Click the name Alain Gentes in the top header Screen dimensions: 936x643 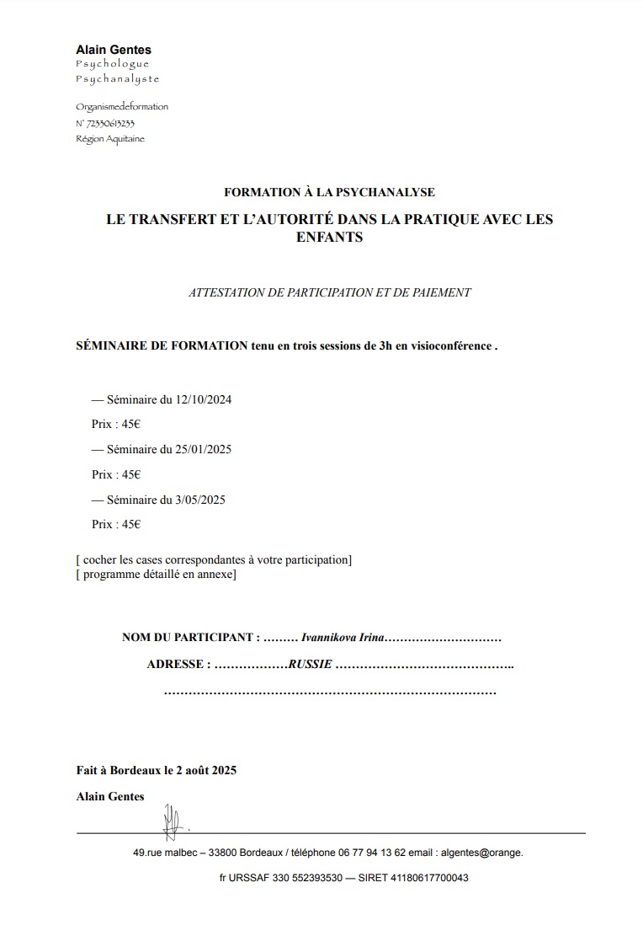[x=114, y=50]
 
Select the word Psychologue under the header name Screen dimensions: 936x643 [x=112, y=64]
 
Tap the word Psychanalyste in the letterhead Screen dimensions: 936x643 [x=117, y=79]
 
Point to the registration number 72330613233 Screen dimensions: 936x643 [x=109, y=123]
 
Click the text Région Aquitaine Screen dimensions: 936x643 [x=109, y=139]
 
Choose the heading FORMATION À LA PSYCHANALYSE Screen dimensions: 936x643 [x=329, y=193]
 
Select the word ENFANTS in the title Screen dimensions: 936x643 [x=329, y=238]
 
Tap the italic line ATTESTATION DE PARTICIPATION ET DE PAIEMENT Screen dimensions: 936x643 [x=329, y=293]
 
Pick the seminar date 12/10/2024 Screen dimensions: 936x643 [x=203, y=399]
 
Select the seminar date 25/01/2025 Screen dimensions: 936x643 [x=203, y=449]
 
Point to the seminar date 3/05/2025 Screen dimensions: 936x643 [x=199, y=500]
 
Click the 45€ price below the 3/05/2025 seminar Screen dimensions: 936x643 [x=131, y=524]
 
